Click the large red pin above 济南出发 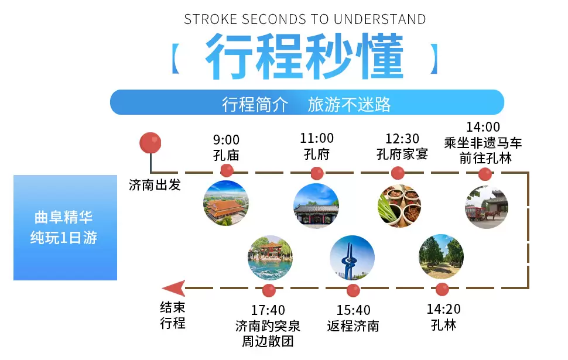click(150, 143)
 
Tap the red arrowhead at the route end click(174, 288)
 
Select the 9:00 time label click(226, 139)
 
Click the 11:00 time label click(317, 138)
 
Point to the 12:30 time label click(402, 138)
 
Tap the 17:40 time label click(268, 310)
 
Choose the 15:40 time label click(354, 310)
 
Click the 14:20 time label click(444, 309)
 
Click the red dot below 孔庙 click(227, 170)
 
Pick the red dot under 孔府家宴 click(398, 173)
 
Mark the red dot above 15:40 click(353, 290)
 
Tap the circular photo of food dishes click(399, 205)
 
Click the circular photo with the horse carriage click(487, 207)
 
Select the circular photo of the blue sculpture click(352, 258)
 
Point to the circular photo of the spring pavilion click(270, 258)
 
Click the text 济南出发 click(155, 185)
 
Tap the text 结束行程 click(173, 315)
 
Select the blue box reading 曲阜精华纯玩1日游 click(65, 228)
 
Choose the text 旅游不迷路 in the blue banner click(349, 105)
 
